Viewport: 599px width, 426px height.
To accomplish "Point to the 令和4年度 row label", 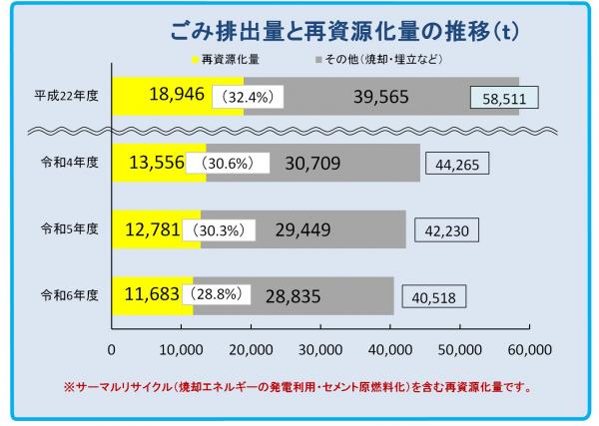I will [67, 163].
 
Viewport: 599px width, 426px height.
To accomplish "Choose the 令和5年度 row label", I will [67, 228].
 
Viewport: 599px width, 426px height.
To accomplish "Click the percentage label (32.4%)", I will [249, 98].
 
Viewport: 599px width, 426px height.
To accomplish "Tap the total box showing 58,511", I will [504, 98].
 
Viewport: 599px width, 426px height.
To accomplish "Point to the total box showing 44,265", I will [458, 164].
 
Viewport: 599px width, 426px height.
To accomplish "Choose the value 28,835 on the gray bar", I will [299, 294].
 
